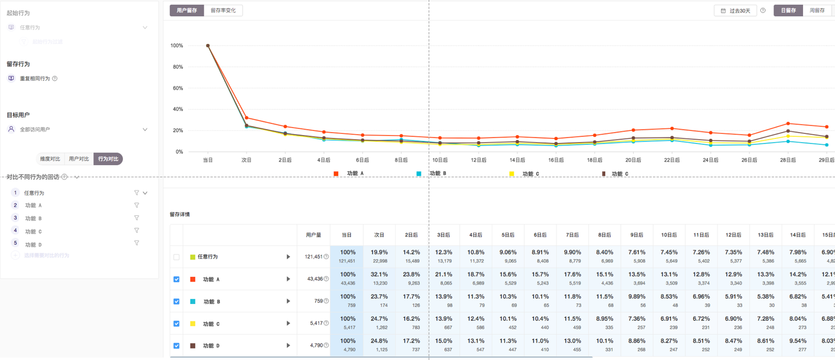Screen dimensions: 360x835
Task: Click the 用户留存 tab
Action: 187,10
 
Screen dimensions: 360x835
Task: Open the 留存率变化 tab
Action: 223,10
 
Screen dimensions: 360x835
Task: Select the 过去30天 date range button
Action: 736,10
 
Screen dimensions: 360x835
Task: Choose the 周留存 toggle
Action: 817,10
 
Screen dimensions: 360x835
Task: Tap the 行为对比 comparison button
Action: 108,159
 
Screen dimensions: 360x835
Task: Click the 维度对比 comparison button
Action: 50,159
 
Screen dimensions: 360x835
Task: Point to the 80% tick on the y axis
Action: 177,67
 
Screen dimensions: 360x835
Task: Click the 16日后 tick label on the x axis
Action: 556,160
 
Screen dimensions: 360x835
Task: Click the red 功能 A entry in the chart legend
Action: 349,174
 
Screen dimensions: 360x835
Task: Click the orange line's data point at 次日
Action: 247,118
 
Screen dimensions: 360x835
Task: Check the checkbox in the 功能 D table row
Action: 177,346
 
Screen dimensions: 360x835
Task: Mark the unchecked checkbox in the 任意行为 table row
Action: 177,257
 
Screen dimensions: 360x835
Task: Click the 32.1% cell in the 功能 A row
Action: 379,279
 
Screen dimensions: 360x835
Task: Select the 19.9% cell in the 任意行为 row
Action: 379,256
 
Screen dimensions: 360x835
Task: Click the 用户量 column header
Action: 314,235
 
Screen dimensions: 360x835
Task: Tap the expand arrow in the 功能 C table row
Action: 288,323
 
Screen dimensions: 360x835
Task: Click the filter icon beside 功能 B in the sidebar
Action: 137,218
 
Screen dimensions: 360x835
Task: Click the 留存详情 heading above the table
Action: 180,214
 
